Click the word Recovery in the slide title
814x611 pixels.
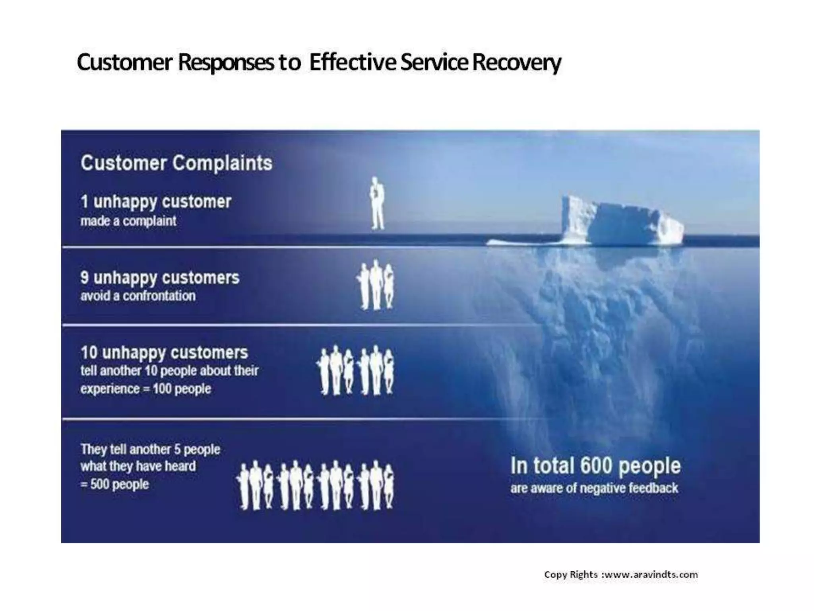coord(517,63)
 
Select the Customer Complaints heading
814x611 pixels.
coord(176,163)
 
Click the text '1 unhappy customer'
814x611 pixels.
coord(156,202)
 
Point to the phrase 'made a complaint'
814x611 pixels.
coord(128,221)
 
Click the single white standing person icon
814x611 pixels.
coord(376,204)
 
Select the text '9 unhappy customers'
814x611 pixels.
coord(160,278)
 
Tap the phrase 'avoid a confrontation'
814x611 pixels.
coord(138,296)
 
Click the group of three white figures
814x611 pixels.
coord(376,286)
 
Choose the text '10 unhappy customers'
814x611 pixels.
coord(164,352)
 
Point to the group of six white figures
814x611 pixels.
coord(356,370)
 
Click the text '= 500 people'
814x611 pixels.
coord(115,485)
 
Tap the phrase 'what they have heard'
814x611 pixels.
coord(138,466)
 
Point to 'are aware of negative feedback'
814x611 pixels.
coord(594,488)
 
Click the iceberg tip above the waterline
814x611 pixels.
coord(620,221)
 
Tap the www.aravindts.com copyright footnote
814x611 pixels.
coord(621,575)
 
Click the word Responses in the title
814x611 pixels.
coord(227,63)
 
